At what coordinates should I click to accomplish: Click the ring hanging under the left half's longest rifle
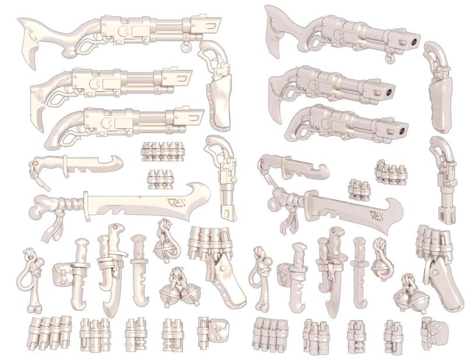tap(186, 47)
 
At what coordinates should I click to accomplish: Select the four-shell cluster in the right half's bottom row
tap(266, 334)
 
